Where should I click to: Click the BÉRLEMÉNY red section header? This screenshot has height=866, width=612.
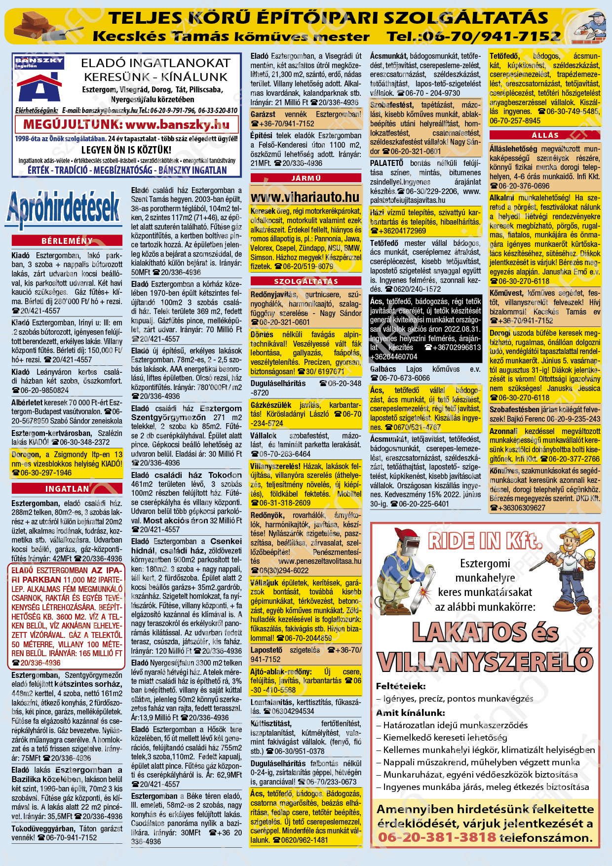(x=67, y=241)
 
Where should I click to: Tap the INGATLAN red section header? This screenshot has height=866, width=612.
(x=67, y=489)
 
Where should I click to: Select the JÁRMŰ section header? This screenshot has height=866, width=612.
(x=306, y=178)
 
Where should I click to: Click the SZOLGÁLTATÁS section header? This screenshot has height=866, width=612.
(x=306, y=281)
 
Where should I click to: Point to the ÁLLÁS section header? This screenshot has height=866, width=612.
(x=545, y=135)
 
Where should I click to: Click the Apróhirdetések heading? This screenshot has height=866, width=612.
(x=64, y=208)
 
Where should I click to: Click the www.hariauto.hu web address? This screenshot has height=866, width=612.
(x=305, y=197)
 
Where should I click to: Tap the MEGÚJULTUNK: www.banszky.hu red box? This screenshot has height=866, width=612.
(x=126, y=124)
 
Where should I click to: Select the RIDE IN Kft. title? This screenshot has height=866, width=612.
(x=486, y=541)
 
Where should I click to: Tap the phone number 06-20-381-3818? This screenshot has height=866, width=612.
(x=437, y=837)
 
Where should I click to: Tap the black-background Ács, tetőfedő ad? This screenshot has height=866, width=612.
(x=425, y=329)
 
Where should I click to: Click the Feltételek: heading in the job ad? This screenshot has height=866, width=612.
(x=400, y=686)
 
